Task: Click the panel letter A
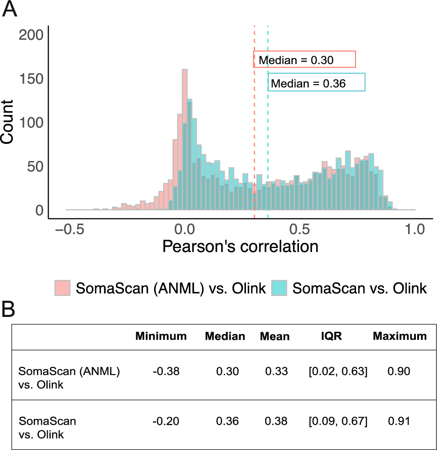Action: coord(9,9)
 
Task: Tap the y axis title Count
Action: coord(8,122)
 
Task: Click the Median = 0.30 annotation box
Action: coord(305,59)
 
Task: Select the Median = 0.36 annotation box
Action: coord(317,83)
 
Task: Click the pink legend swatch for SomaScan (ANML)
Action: coord(63,288)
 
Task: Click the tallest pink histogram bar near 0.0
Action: coord(184,135)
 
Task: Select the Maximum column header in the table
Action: coord(399,336)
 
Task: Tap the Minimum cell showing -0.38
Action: coord(161,371)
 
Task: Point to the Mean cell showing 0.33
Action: coord(275,371)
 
